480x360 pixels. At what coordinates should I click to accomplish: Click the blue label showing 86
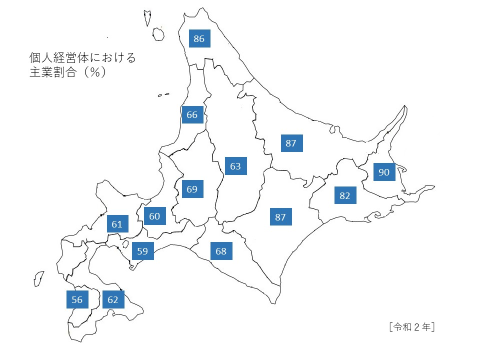199,39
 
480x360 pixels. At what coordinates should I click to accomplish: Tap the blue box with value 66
192,115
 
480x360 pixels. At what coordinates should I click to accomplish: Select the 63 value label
235,166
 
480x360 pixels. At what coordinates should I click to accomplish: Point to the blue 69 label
192,189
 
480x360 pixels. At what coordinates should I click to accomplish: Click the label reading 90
384,172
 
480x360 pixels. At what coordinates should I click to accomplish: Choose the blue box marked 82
345,195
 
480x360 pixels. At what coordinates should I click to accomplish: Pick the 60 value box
154,216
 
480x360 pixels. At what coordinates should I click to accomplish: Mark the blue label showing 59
142,251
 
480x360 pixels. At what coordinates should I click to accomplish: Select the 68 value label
221,251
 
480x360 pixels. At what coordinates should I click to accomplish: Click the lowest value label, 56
77,299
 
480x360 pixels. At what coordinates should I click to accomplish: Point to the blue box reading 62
113,299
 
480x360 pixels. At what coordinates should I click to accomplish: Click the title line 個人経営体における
82,58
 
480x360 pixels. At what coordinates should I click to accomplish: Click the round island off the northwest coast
158,34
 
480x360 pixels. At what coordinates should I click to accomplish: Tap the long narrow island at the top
147,18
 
